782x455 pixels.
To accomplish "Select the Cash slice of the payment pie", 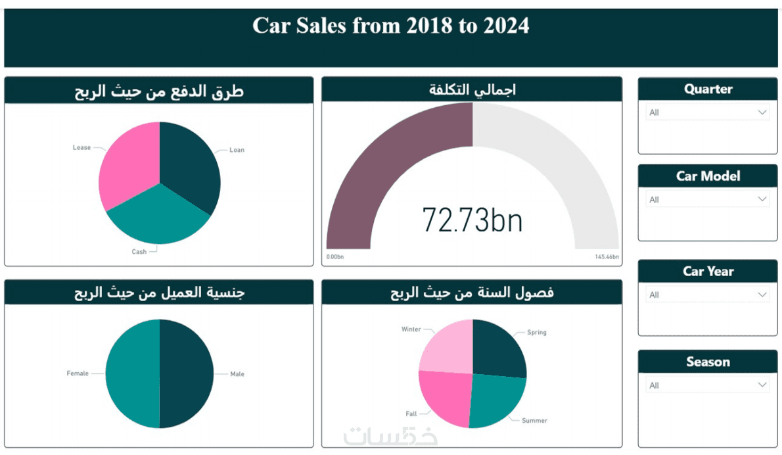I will (158, 217).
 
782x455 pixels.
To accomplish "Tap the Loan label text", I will (237, 150).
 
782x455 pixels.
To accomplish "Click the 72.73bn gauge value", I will (472, 220).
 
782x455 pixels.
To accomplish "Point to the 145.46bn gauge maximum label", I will (607, 257).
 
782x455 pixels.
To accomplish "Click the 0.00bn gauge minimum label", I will (334, 257).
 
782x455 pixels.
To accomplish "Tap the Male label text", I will (237, 374).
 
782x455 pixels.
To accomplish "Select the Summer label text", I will (534, 420).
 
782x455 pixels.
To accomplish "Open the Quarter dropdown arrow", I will (762, 112).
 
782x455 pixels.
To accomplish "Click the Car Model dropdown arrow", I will (762, 199).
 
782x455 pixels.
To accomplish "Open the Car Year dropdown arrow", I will (762, 295).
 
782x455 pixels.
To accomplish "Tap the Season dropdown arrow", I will (762, 385).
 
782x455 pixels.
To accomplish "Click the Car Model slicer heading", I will (708, 176).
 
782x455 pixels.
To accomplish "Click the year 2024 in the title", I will (506, 26).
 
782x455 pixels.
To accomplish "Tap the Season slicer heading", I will (708, 362).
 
